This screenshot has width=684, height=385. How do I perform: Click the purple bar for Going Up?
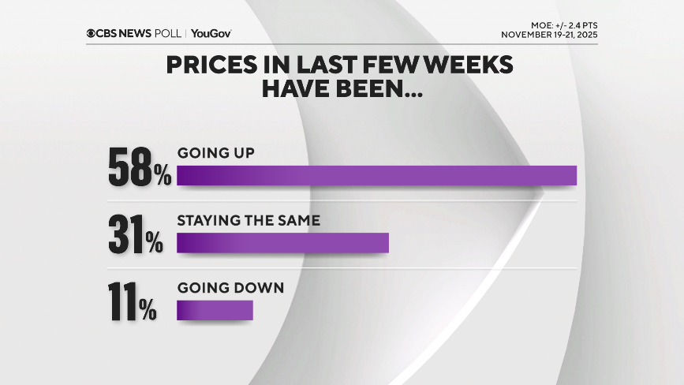click(376, 175)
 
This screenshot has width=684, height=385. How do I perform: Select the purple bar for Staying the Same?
click(282, 243)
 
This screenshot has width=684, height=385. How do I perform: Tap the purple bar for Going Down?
click(215, 311)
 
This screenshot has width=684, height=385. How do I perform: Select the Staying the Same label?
click(249, 221)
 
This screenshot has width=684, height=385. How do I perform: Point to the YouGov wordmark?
click(211, 33)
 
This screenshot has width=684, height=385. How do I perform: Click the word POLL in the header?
click(170, 33)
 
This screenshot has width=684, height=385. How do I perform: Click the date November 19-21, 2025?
click(549, 36)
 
